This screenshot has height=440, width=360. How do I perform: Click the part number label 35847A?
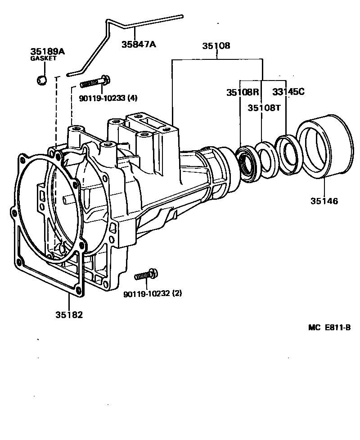139,45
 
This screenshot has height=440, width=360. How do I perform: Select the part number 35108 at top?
216,46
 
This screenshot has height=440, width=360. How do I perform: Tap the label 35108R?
243,92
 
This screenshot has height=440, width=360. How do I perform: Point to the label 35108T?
264,108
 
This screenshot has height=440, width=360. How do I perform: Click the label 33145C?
288,92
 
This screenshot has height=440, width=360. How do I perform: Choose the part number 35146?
324,201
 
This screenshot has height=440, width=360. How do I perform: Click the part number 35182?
69,314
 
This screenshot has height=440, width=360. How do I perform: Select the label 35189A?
48,52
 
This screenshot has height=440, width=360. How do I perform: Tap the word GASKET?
43,58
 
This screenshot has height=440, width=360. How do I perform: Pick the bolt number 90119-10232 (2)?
153,294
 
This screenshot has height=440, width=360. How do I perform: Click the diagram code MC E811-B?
329,328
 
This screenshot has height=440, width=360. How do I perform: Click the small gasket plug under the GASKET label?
42,81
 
